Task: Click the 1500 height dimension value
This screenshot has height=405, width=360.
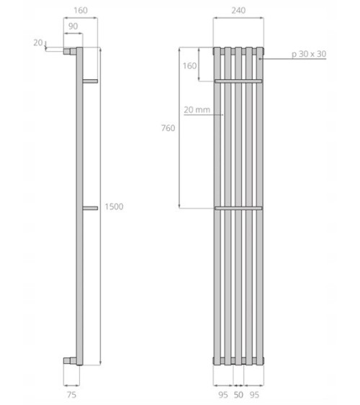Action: pos(114,206)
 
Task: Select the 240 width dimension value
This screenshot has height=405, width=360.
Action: pos(239,11)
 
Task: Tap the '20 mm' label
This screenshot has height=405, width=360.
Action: pos(196,110)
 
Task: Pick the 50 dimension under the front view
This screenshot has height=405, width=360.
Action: pos(239,394)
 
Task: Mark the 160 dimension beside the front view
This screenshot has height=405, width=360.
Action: pos(189,65)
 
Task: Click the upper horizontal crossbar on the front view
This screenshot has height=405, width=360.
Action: pos(238,81)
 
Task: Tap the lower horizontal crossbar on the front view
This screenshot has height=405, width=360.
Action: pos(238,209)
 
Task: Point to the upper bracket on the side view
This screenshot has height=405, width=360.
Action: pos(90,80)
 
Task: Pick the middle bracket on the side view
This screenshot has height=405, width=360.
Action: pos(90,208)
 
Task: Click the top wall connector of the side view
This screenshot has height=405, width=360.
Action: pos(70,52)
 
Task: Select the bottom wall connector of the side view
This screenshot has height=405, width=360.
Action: pos(70,358)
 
